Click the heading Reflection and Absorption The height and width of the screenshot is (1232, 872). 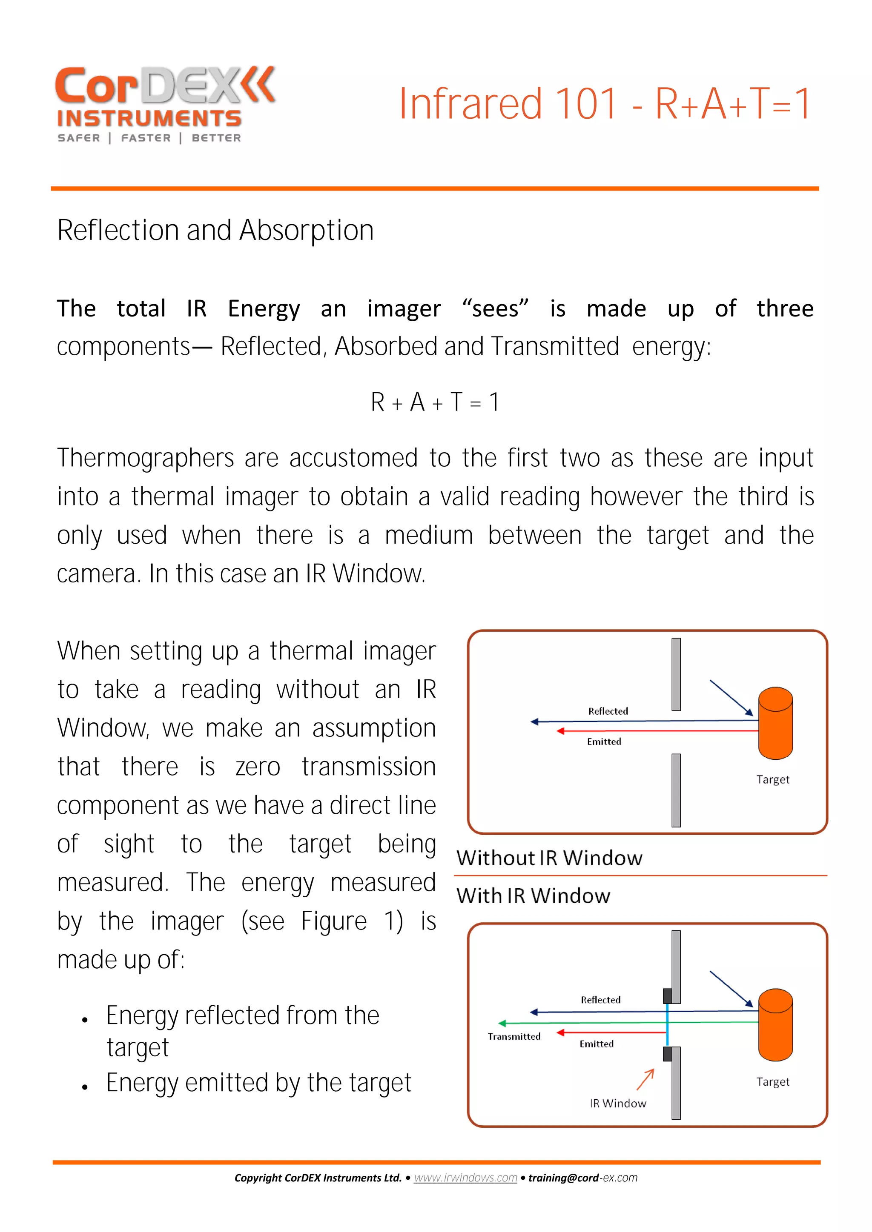coord(215,231)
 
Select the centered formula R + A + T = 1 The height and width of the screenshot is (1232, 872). coord(435,402)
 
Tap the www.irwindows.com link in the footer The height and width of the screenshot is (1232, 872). coord(465,1178)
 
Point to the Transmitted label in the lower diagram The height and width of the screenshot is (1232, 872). coord(514,1037)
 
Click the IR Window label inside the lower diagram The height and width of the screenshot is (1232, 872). coord(618,1104)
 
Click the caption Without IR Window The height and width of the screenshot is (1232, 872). coord(549,858)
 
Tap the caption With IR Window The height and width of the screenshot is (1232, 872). coord(533,896)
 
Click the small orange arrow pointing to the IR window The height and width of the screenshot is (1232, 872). coord(645,1080)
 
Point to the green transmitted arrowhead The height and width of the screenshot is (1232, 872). coord(502,1023)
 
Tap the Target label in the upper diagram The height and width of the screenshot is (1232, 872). coord(773,780)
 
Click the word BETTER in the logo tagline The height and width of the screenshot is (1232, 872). coord(216,138)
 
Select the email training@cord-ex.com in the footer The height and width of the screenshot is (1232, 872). coord(582,1178)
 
